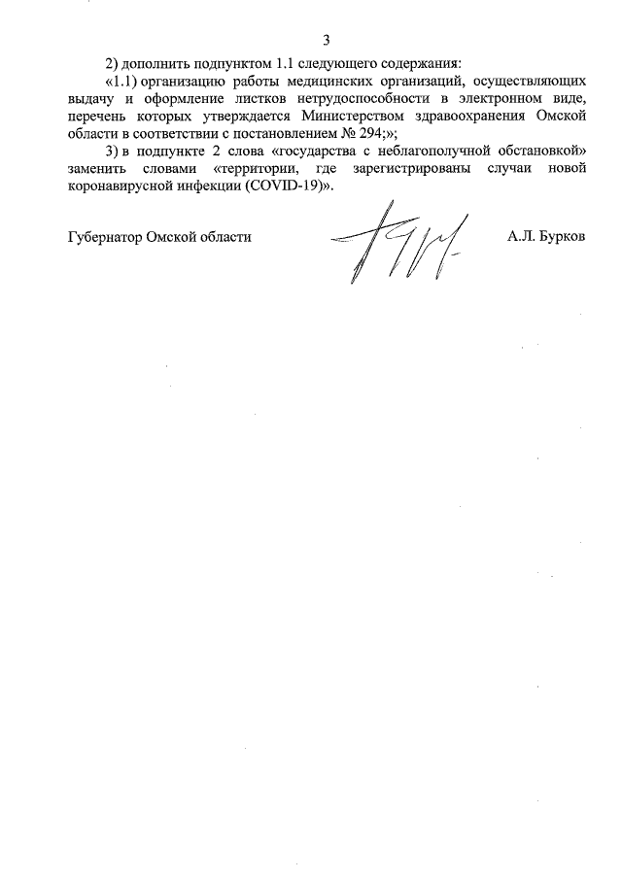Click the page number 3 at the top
(327, 40)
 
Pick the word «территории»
(257, 170)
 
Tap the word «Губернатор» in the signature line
(105, 237)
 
